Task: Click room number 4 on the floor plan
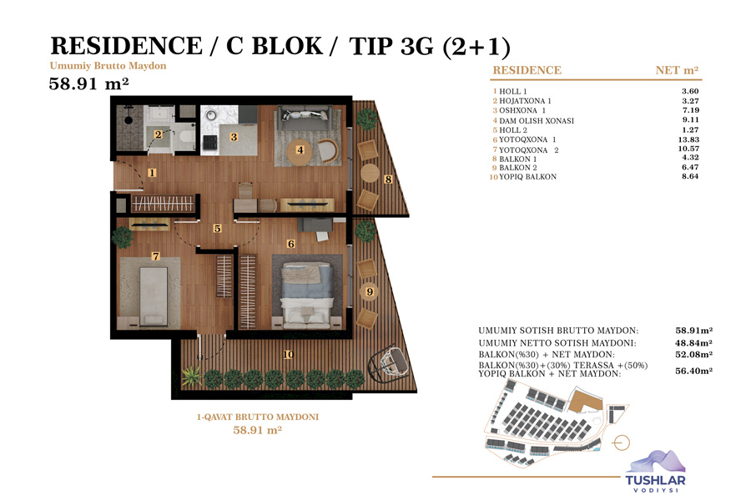tap(300, 149)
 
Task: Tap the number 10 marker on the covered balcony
tap(288, 355)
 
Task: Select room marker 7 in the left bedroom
tap(156, 256)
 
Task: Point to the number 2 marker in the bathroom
tap(158, 134)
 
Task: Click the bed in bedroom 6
tap(307, 295)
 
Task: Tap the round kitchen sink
tap(211, 115)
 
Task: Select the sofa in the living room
tap(305, 118)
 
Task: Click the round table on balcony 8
tap(370, 173)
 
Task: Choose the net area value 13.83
tap(688, 139)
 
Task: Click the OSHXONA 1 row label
tap(522, 110)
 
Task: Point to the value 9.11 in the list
tap(691, 120)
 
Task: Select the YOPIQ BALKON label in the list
tap(528, 177)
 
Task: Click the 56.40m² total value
tap(693, 371)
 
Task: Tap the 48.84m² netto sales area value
tap(693, 343)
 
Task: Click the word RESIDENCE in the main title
tap(127, 46)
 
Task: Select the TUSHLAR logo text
tap(655, 480)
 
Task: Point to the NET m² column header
tap(677, 70)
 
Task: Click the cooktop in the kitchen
tap(209, 143)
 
